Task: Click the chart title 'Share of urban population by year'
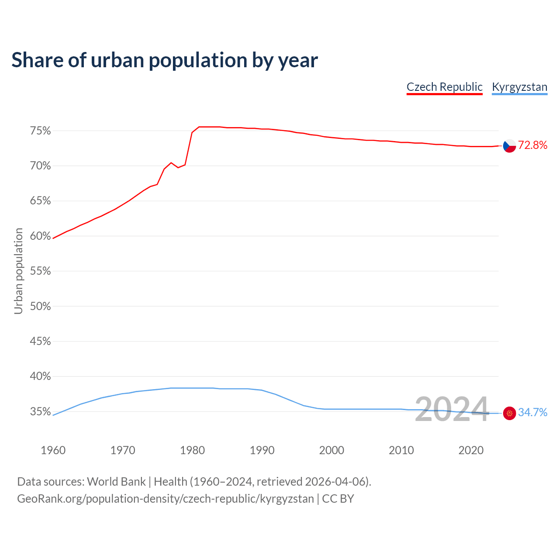point(164,60)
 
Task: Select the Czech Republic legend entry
point(444,87)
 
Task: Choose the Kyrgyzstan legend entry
point(519,87)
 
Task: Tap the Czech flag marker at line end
point(510,146)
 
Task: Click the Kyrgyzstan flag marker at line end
point(510,413)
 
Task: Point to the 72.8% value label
point(532,145)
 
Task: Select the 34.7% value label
point(532,413)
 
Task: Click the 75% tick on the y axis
point(40,131)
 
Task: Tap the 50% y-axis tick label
point(40,307)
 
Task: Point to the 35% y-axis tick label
point(40,412)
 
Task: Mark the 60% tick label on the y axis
point(40,236)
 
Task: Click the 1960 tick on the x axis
point(53,450)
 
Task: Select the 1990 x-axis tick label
point(262,450)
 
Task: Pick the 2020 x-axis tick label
point(471,450)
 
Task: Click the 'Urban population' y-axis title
point(18,271)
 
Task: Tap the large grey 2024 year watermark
point(452,410)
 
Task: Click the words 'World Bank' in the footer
point(116,482)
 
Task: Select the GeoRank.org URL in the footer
point(165,499)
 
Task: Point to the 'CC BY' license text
point(338,499)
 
